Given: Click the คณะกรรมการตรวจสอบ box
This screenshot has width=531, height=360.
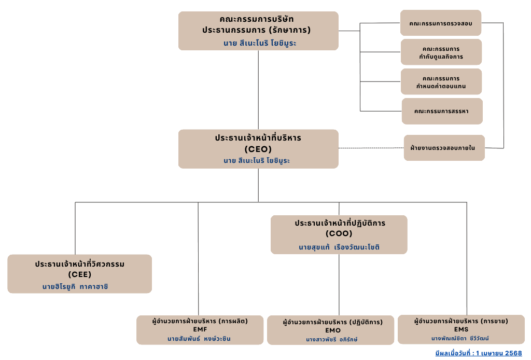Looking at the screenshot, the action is pos(441,23).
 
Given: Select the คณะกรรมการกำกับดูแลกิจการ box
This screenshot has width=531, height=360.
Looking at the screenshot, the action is pos(441,52).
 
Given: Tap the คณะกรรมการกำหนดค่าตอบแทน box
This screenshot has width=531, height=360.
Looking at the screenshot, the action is pos(441,81).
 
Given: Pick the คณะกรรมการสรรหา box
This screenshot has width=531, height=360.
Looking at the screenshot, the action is pos(442,111).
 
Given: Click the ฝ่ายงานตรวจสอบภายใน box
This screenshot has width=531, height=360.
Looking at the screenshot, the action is pos(444,148).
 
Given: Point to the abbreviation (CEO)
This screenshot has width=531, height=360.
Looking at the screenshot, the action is pos(258,149).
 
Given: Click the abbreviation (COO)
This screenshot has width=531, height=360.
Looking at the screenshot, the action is pos(339,233).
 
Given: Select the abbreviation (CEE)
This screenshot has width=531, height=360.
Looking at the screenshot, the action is pos(79,274).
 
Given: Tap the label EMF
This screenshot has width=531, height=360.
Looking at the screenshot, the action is pos(200,329).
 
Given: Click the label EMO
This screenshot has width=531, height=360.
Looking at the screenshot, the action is pos(333,330).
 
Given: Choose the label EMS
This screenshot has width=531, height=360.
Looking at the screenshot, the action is pos(461,329).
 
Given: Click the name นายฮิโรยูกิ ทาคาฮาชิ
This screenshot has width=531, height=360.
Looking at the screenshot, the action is pos(75,286).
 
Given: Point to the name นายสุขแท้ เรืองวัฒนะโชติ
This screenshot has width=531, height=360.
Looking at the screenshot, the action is pos(339,247).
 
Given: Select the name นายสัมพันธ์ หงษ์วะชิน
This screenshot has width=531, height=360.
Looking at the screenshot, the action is pos(199,339).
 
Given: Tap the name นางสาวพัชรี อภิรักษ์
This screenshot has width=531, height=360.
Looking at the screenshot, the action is pos(331,339).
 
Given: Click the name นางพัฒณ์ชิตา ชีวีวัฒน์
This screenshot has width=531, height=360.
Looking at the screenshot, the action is pos(460,338).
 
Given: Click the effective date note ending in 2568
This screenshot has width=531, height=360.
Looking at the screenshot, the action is pos(479,353).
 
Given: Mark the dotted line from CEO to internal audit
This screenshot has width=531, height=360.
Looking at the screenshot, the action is pos(371,148).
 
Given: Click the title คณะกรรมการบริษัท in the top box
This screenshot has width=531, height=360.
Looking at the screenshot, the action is pos(256,19).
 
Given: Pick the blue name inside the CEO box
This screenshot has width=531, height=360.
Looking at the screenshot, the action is pos(257,160).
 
